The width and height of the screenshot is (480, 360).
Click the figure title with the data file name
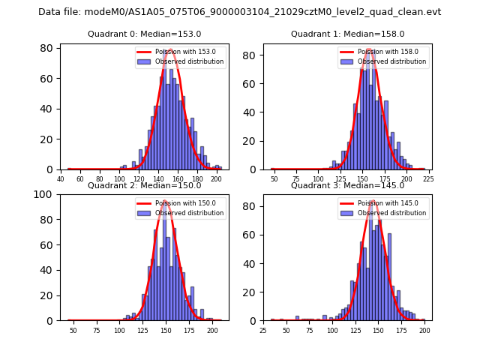coord(240,12)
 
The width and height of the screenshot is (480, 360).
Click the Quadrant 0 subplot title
coord(145,34)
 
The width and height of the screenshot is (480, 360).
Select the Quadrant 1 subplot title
coord(347,34)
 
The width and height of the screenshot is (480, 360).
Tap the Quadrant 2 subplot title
coord(145,185)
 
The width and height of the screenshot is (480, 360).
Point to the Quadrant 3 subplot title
coord(347,185)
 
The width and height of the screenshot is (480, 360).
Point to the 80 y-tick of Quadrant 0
coord(46,48)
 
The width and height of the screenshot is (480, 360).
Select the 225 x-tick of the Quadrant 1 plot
coord(428,179)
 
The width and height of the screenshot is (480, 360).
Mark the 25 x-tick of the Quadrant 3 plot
coord(263,330)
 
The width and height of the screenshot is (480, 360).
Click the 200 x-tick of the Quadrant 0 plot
coord(216,179)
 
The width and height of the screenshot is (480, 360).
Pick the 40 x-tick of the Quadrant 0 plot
coord(61,179)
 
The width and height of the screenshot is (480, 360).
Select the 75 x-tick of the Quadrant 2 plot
coord(96,330)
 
